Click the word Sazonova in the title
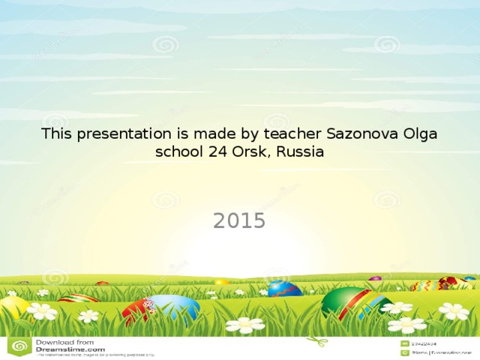[x=358, y=134]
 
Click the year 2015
[x=239, y=220]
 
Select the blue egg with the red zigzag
[x=284, y=289]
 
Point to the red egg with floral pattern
[x=138, y=311]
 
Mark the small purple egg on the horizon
[x=375, y=279]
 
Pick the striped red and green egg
[x=78, y=298]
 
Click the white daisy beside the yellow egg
[x=42, y=310]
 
